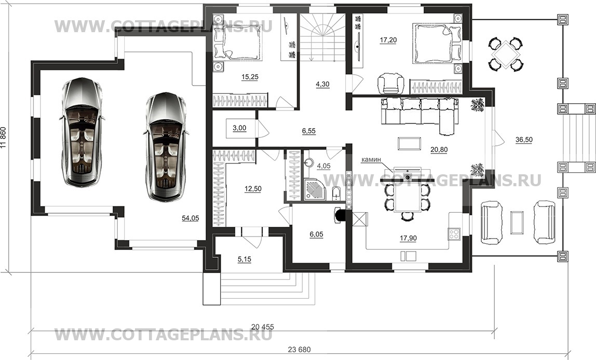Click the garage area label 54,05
coord(191,218)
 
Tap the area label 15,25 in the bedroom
coord(250,77)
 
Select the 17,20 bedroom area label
coord(388,40)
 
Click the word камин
coord(371,160)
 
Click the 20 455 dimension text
coord(263,327)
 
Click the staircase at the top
coord(322,37)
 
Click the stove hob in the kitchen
coord(455,233)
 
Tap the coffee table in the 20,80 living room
coord(409,144)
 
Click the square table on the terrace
coord(505,54)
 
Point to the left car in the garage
coord(82,132)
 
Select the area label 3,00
coord(239,128)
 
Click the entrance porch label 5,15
coord(245,259)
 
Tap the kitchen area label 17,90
coord(408,239)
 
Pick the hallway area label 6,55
coord(308,131)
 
